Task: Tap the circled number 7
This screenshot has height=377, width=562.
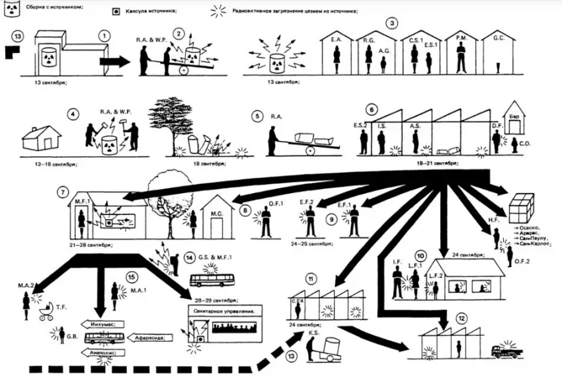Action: click(x=63, y=192)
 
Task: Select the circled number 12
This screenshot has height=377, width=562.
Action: click(x=462, y=319)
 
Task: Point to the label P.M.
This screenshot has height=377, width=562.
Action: click(x=461, y=40)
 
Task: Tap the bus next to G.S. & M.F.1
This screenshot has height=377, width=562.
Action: click(x=210, y=280)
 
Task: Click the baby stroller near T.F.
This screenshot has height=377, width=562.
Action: click(x=46, y=313)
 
